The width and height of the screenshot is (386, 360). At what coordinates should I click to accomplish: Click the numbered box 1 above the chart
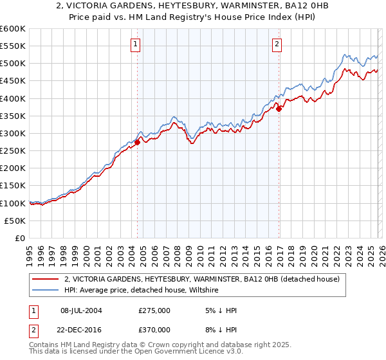point(136,44)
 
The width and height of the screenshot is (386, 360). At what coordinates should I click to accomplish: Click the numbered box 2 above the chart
point(277,44)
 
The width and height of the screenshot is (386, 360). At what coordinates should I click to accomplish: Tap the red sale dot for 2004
point(137,142)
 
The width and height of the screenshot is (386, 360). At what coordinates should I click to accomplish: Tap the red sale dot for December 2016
point(279,109)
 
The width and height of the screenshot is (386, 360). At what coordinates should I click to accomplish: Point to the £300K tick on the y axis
point(13,133)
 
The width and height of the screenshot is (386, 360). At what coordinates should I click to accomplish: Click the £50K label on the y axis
point(15,221)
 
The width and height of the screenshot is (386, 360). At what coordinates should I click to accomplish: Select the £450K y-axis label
point(13,81)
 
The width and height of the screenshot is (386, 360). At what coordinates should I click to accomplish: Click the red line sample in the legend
point(45,279)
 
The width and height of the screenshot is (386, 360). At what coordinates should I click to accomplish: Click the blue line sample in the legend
point(45,291)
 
